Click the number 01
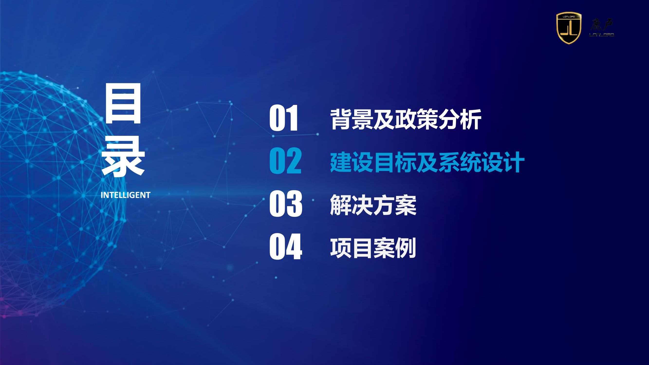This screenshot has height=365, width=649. tap(284, 118)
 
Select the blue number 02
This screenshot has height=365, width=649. tap(286, 161)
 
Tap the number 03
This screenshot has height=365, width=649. tap(286, 204)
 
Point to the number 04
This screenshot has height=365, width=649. tap(286, 246)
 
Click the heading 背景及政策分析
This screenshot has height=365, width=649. tap(406, 120)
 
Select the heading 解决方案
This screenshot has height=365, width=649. tap(373, 205)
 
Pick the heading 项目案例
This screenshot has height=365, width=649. tap(373, 248)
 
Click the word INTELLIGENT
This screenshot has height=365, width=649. tap(125, 195)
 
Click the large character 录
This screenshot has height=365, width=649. tap(123, 156)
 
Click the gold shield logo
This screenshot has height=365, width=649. tap(569, 28)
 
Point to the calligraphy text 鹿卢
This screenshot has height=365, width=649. tap(601, 24)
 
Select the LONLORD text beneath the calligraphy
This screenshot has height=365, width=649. tap(602, 35)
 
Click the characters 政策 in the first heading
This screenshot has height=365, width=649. tap(417, 120)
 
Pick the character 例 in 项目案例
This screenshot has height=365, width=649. tap(406, 248)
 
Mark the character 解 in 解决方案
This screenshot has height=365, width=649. tap(341, 205)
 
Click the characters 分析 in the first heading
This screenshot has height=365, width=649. tap(460, 120)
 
